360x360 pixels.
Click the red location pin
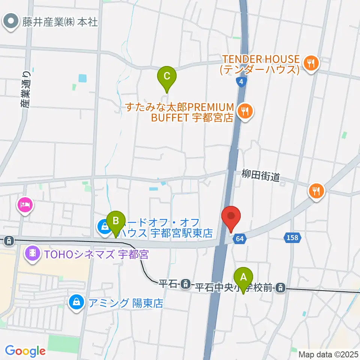click(x=231, y=217)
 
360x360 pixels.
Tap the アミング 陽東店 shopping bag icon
click(x=76, y=303)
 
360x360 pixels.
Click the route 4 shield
click(x=241, y=82)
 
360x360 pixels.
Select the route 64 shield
click(x=240, y=238)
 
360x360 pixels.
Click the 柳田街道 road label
click(x=261, y=175)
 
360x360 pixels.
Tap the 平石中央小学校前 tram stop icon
click(x=280, y=288)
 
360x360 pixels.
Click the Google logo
click(x=25, y=351)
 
